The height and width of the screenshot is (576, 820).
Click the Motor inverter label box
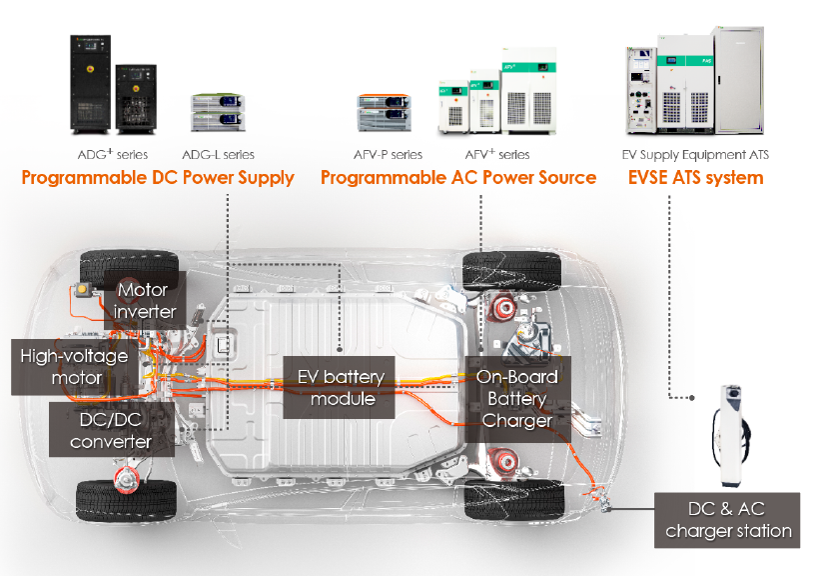coord(147,300)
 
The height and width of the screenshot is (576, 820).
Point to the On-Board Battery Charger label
coord(516,398)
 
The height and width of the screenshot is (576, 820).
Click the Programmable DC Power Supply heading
coord(158,178)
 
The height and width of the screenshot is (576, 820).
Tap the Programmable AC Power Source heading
coord(457,178)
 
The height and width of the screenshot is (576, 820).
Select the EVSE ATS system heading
coord(695,178)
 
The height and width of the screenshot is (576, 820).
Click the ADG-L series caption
coord(218,155)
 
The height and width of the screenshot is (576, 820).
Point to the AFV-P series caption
coord(389,155)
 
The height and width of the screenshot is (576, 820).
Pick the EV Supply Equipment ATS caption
coord(695,155)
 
